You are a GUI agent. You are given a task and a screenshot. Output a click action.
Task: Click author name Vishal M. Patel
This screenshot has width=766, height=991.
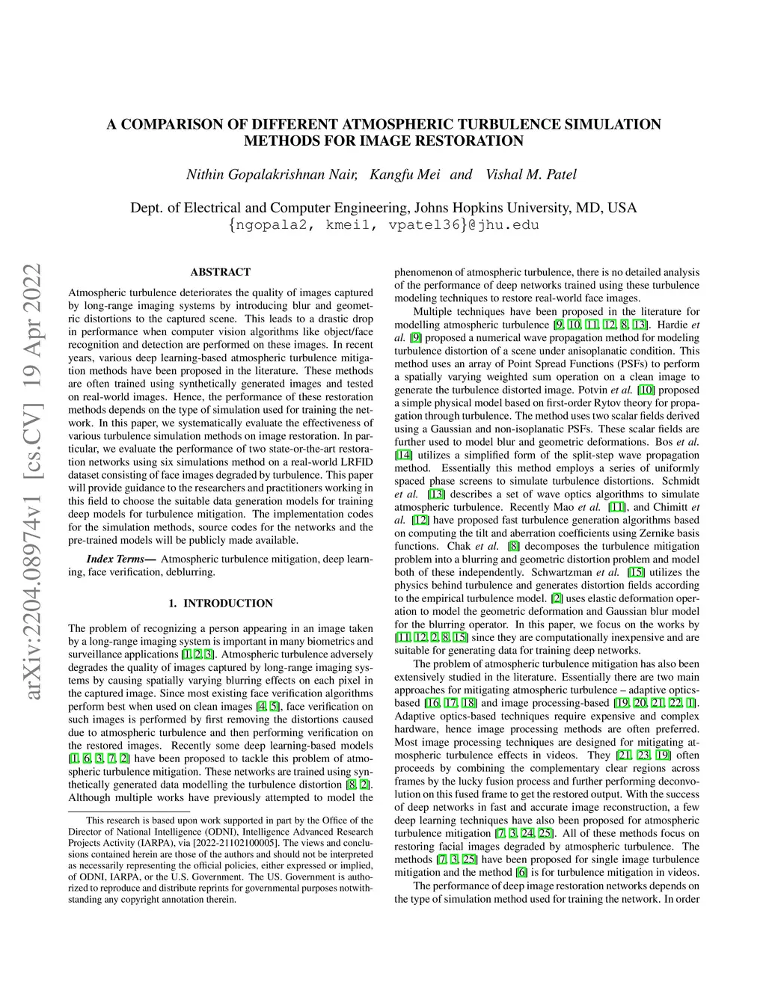point(531,174)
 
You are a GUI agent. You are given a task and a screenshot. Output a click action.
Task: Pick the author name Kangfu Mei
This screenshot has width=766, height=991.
point(405,174)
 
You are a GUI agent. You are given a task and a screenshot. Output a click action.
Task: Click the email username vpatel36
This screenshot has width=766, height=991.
point(423,224)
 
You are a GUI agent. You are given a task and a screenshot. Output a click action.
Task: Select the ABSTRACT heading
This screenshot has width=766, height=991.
point(221,272)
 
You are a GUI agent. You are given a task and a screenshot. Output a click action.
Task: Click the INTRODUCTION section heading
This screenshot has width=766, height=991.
point(228,604)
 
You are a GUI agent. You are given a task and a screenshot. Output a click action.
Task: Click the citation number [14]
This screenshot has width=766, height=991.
point(403,455)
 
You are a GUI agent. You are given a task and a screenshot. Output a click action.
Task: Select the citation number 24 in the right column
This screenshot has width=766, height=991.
point(528,833)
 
